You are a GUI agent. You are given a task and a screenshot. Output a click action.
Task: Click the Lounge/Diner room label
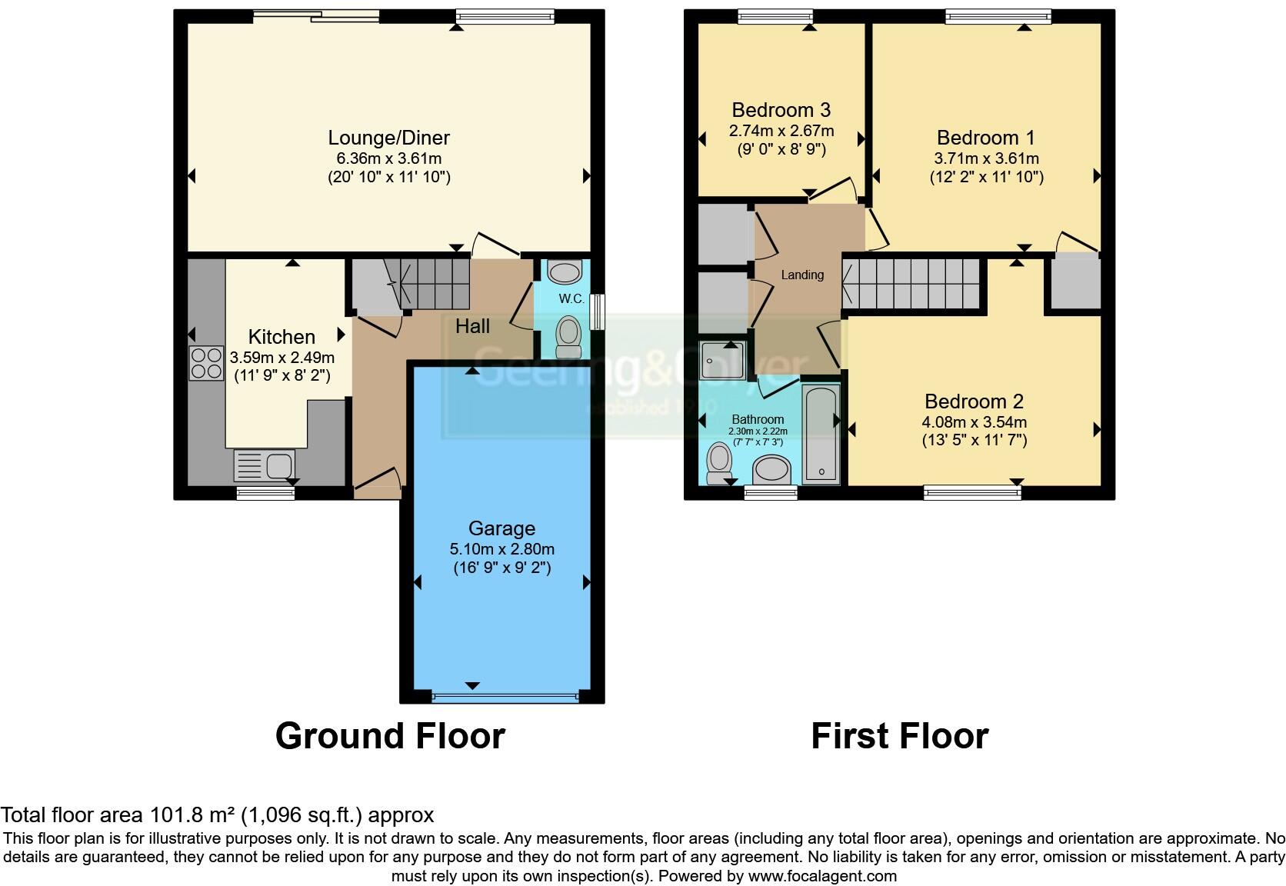pyautogui.click(x=388, y=138)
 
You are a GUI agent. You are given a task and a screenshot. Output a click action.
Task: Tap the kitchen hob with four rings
pyautogui.click(x=206, y=363)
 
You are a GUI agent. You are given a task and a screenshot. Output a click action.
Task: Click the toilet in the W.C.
pyautogui.click(x=568, y=337)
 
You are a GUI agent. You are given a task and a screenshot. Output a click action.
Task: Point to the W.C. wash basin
pyautogui.click(x=566, y=273)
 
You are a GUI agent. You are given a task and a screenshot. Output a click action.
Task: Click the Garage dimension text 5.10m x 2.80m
pyautogui.click(x=501, y=549)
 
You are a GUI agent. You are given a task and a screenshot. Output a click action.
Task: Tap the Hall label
pyautogui.click(x=472, y=326)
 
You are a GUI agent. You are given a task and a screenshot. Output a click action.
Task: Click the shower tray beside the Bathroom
pyautogui.click(x=723, y=359)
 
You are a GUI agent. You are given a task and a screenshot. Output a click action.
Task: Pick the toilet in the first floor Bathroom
pyautogui.click(x=719, y=462)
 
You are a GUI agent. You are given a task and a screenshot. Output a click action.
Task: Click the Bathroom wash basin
pyautogui.click(x=771, y=468)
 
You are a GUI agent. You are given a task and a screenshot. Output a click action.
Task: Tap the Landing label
pyautogui.click(x=802, y=275)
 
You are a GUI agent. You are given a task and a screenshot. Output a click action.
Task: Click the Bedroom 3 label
pyautogui.click(x=781, y=110)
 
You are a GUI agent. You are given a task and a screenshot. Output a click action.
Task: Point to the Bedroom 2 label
pyautogui.click(x=974, y=401)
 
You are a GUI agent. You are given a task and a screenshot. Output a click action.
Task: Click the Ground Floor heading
pyautogui.click(x=390, y=736)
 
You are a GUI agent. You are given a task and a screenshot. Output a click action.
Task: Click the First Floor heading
pyautogui.click(x=899, y=736)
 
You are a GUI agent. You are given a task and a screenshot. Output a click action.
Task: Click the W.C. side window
pyautogui.click(x=598, y=311)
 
